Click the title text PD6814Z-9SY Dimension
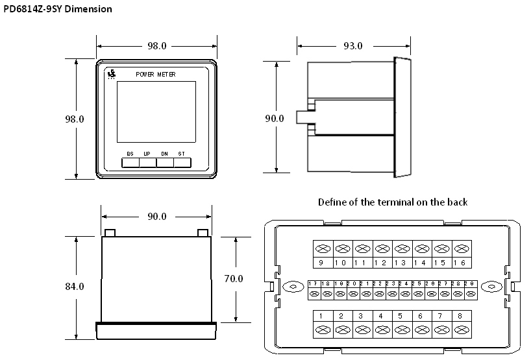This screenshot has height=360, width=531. click(x=57, y=9)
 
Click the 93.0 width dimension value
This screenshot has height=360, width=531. click(x=352, y=46)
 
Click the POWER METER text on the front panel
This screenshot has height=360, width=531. click(x=156, y=75)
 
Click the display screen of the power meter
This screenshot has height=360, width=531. click(x=156, y=112)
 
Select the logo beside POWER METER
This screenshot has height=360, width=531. click(x=112, y=75)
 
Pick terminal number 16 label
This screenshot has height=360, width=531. click(x=462, y=263)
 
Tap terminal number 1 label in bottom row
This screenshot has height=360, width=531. click(x=322, y=316)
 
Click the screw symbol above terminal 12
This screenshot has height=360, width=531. click(x=382, y=249)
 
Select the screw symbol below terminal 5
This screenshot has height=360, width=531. click(x=401, y=330)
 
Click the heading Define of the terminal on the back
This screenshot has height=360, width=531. click(x=392, y=202)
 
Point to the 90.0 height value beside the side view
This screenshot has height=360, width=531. click(x=275, y=118)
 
